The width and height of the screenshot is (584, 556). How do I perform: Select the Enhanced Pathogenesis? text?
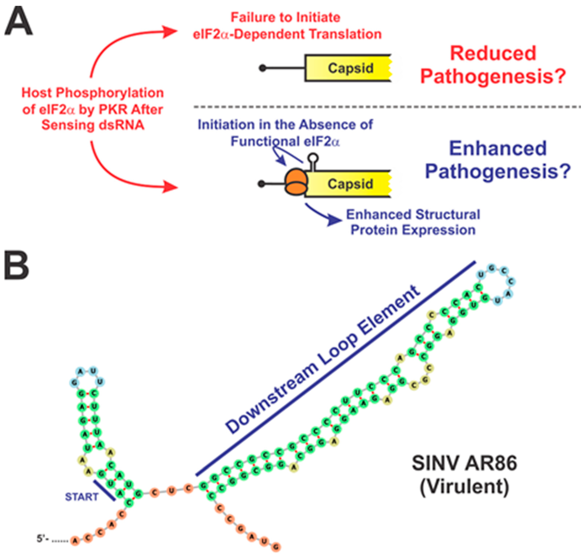(498, 160)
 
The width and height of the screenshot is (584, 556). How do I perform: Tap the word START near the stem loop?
(82, 497)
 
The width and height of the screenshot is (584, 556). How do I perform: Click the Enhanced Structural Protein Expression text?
(413, 222)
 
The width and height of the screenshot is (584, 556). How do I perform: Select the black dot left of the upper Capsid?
(262, 68)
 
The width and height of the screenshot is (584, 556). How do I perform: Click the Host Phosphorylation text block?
(93, 109)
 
